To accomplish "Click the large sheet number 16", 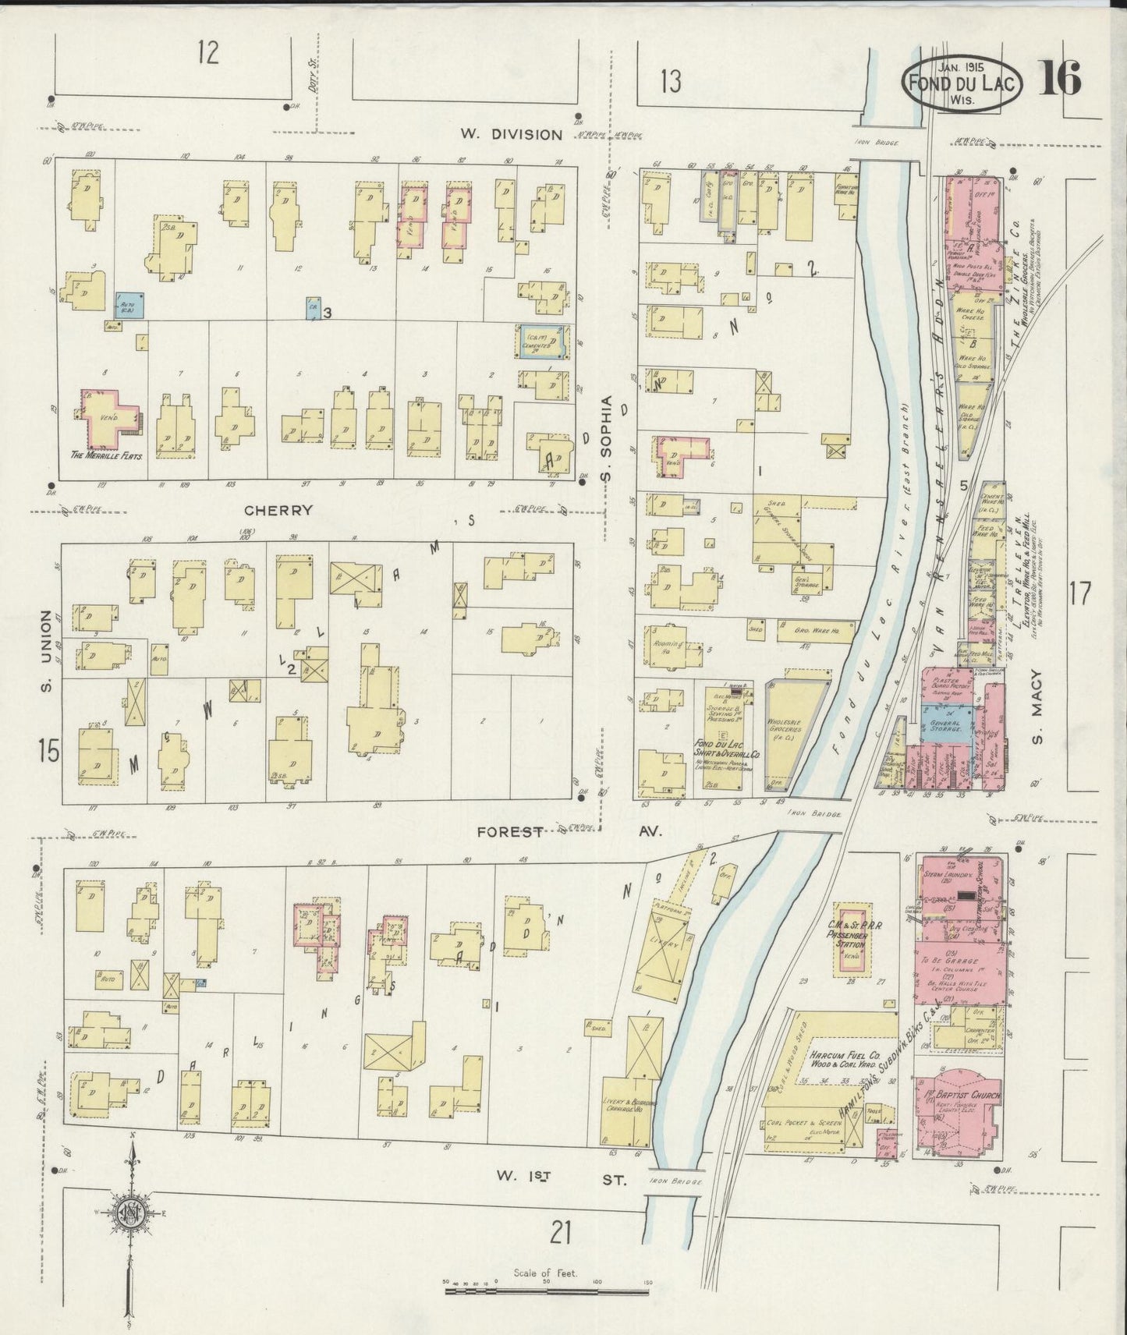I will [x=1058, y=78].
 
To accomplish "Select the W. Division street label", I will [x=510, y=134].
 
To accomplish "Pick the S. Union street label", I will [x=46, y=651].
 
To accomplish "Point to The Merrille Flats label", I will [x=108, y=455].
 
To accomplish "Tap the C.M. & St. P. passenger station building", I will [x=849, y=939].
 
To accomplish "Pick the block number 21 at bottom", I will [x=562, y=1233].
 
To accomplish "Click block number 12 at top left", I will [x=207, y=54].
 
